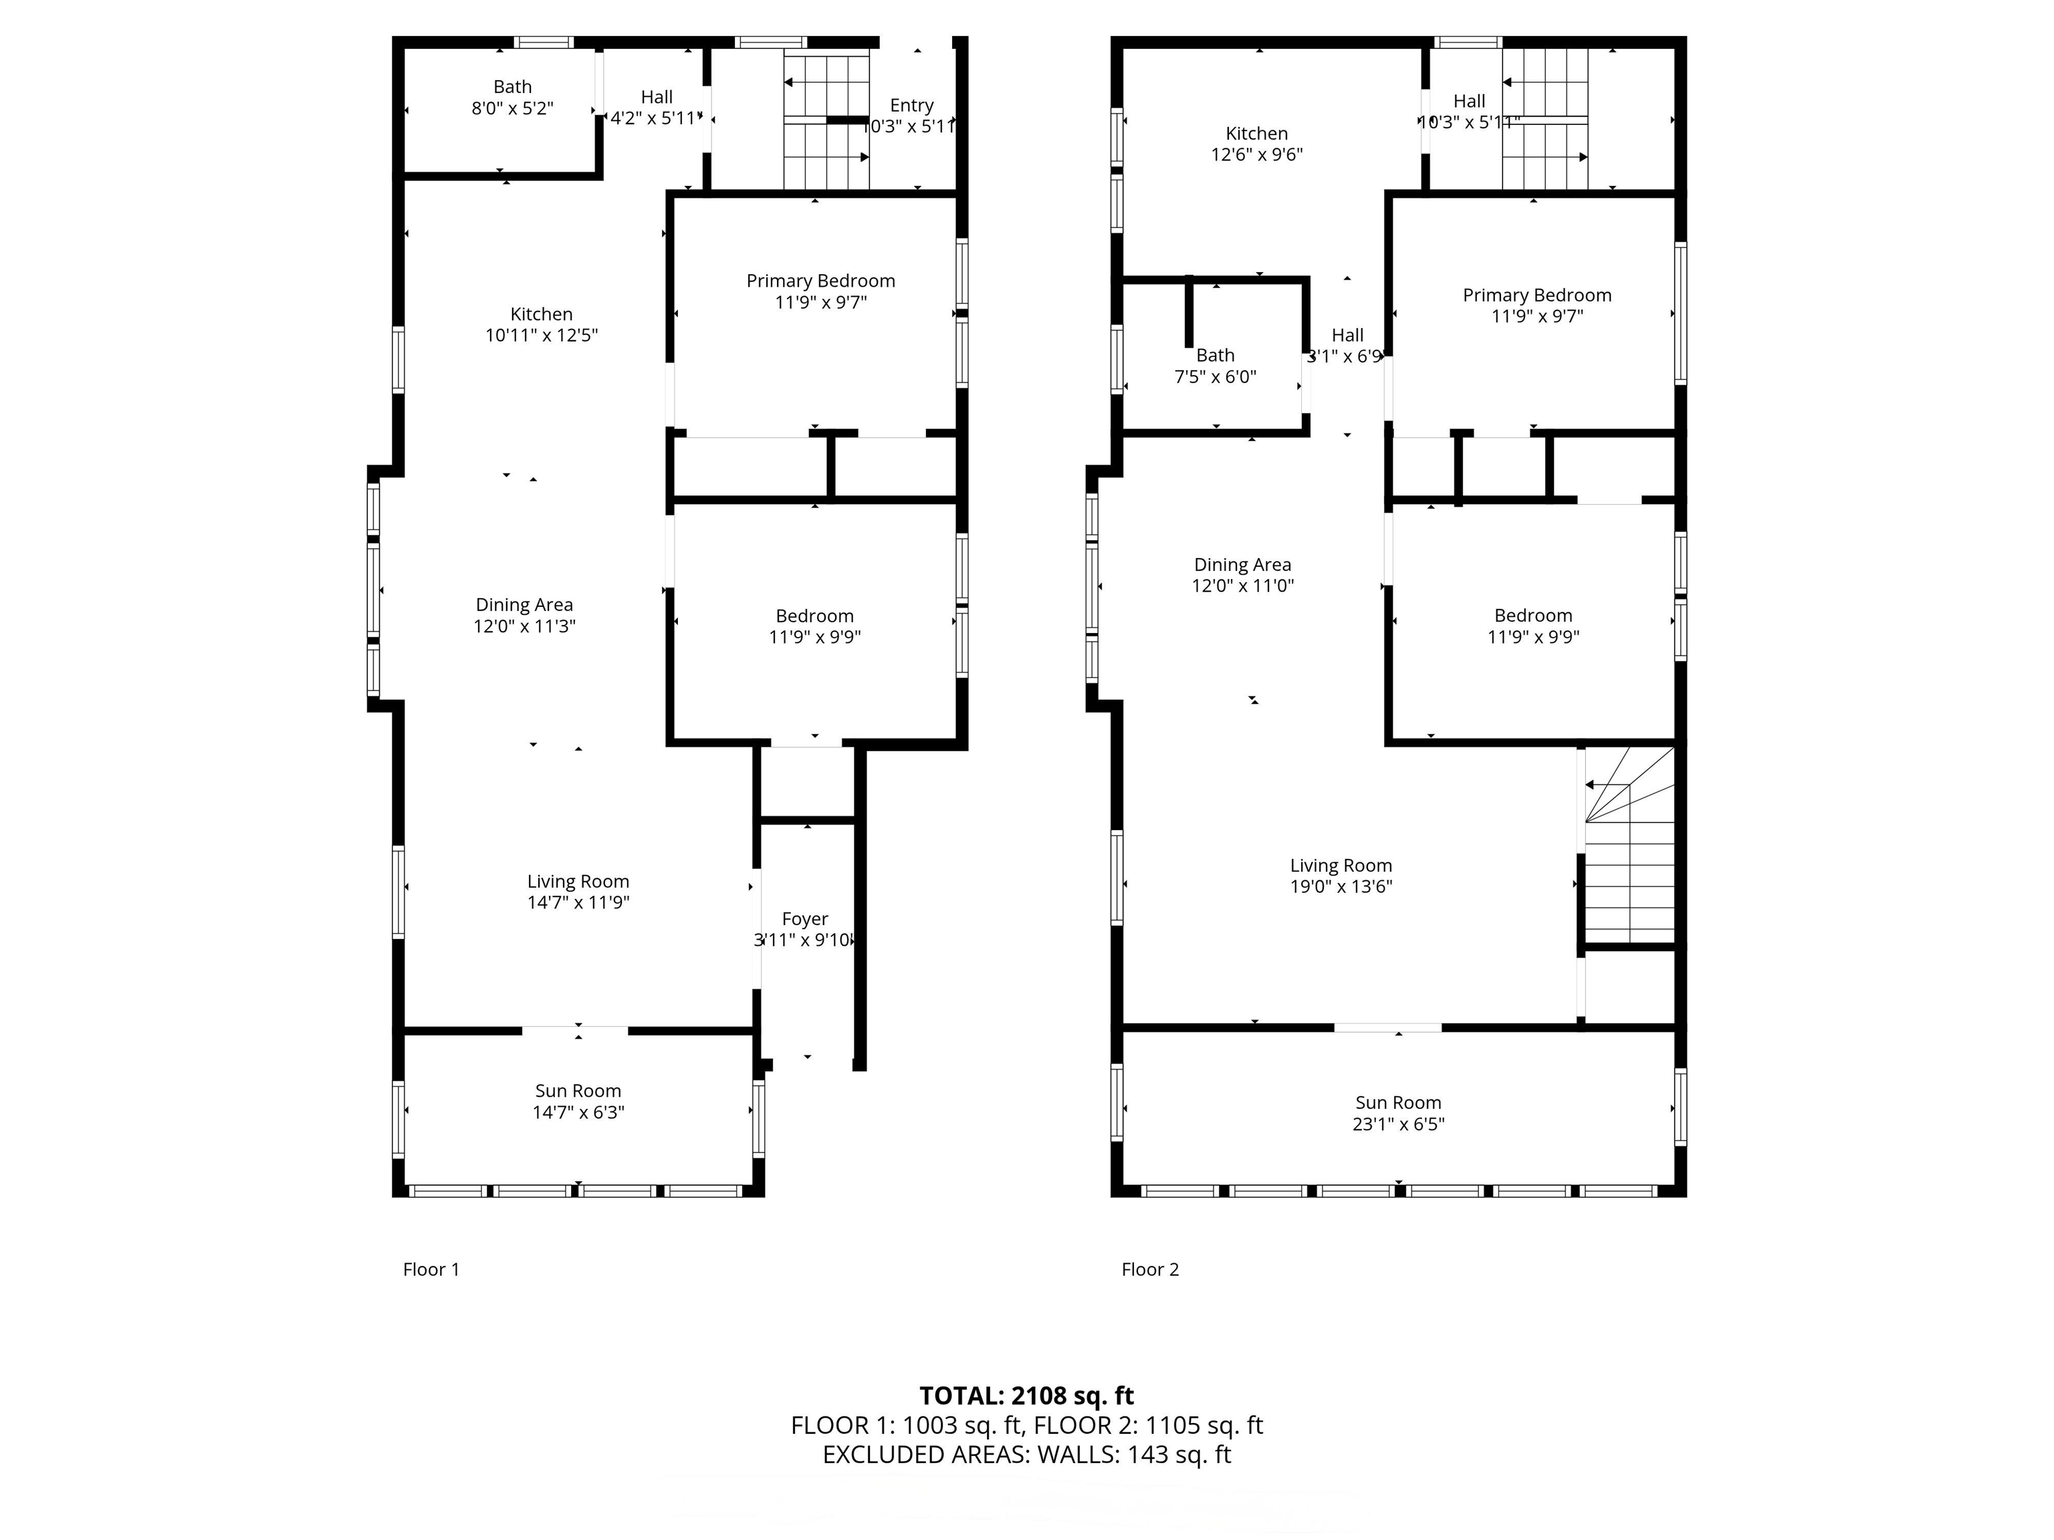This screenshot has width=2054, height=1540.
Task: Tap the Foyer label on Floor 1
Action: point(804,919)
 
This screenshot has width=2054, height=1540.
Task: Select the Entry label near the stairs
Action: point(911,105)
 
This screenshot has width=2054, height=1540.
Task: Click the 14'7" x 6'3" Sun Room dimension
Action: point(578,1112)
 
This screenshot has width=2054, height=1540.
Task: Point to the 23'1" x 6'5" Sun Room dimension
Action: point(1397,1124)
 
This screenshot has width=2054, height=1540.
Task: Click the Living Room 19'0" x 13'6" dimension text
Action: point(1340,886)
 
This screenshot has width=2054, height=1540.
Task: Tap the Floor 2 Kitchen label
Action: point(1256,134)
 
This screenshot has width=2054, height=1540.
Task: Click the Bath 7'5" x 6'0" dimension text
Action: point(1215,377)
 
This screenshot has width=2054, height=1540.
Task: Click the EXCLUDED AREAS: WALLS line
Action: point(1026,1454)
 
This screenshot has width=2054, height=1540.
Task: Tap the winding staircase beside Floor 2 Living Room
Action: point(1629,845)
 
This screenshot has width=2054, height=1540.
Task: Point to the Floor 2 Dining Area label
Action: point(1242,564)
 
